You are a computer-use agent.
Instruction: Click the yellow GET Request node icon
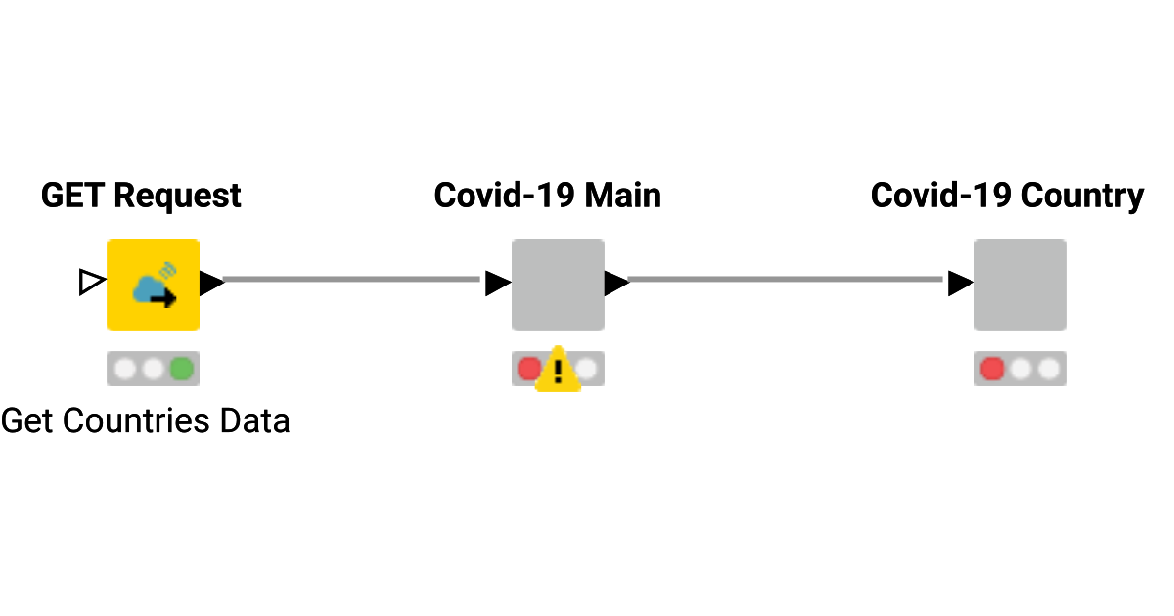coord(153,285)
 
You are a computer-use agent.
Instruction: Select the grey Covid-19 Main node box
coord(558,285)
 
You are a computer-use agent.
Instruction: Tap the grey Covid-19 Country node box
coord(1020,285)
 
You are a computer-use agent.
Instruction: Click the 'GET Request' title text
coord(141,196)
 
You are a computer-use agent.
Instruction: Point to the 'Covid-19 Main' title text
coord(548,196)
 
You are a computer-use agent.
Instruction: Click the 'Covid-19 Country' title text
coord(1007,196)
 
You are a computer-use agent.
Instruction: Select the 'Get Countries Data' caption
coord(145,421)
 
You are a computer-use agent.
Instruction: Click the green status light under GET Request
coord(181,369)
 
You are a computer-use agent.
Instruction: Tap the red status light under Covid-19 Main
coord(528,369)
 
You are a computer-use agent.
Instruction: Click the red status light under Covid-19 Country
coord(992,369)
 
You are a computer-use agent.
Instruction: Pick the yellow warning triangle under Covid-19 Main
coord(558,371)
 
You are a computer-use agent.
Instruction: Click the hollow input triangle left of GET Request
coord(91,284)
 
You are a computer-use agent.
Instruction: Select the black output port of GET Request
coord(212,284)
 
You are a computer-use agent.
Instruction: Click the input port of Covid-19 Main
coord(497,284)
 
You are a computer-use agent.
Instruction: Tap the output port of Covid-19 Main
coord(616,284)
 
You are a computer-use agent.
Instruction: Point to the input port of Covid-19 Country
coord(960,284)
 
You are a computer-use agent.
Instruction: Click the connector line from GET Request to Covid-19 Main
coord(352,280)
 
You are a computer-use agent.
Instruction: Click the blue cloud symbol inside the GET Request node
coord(149,287)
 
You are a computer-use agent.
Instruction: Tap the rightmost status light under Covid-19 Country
coord(1049,369)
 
